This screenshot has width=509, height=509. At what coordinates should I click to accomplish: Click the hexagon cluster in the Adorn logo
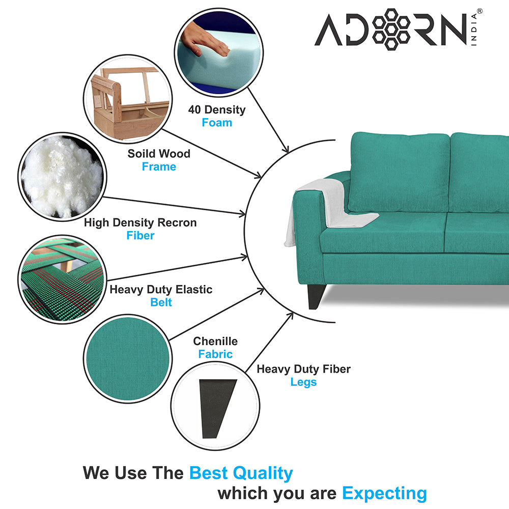tap(391, 29)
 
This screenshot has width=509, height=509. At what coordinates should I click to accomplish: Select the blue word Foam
tap(217, 123)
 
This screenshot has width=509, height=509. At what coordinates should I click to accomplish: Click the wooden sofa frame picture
tap(128, 99)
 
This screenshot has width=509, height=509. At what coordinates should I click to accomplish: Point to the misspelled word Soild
tap(140, 154)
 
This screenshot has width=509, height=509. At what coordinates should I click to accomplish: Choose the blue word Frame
tap(159, 166)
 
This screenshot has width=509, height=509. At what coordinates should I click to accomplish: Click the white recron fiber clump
tap(62, 177)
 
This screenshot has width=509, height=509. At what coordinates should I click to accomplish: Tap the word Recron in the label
tap(177, 223)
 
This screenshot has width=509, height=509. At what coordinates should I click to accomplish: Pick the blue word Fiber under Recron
tap(140, 235)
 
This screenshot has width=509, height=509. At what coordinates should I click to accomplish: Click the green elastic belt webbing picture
tap(62, 279)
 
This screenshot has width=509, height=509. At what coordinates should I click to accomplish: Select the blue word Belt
tap(161, 302)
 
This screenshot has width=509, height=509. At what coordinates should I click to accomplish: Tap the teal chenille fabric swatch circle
tap(128, 359)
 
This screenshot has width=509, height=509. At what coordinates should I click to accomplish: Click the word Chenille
tap(215, 341)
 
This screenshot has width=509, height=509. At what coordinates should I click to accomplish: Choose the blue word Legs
tap(303, 382)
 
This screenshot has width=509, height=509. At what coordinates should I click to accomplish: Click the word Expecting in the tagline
tap(385, 493)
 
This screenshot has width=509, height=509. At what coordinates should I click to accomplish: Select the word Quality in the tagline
tap(263, 473)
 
